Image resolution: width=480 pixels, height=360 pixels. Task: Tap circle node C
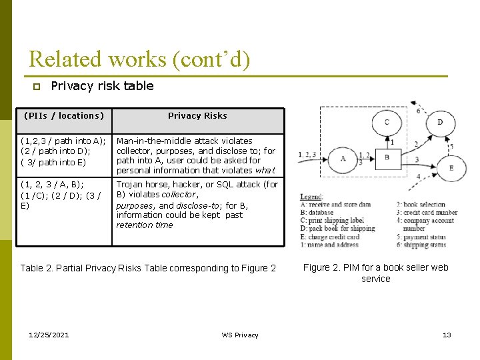pos(387,122)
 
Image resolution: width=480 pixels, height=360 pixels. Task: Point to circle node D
pos(440,122)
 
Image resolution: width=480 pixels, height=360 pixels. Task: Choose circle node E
pos(451,168)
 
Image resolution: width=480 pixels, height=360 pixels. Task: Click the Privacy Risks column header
pos(197,116)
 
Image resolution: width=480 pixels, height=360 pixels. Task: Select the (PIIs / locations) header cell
pos(64,116)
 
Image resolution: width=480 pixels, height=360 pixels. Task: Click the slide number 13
pos(447,335)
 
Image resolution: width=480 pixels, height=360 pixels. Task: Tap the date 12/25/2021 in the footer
pos(49,335)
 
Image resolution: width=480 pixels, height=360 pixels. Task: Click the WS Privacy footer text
pos(240,335)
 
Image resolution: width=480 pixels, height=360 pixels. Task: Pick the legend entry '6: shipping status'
pos(421,245)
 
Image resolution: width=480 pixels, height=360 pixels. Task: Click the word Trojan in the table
pos(132,185)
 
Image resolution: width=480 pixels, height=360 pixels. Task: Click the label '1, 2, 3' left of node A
pos(308,155)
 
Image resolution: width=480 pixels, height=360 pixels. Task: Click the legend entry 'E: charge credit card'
pos(329,237)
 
